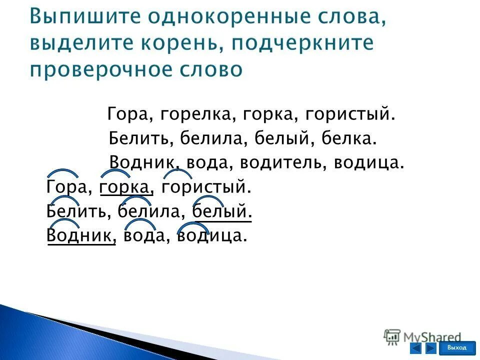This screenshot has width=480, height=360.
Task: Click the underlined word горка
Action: (125, 188)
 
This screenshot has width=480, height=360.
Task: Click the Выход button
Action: (457, 348)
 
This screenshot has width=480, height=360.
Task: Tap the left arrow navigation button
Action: (415, 348)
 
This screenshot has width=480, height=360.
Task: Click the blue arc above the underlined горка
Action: (115, 173)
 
